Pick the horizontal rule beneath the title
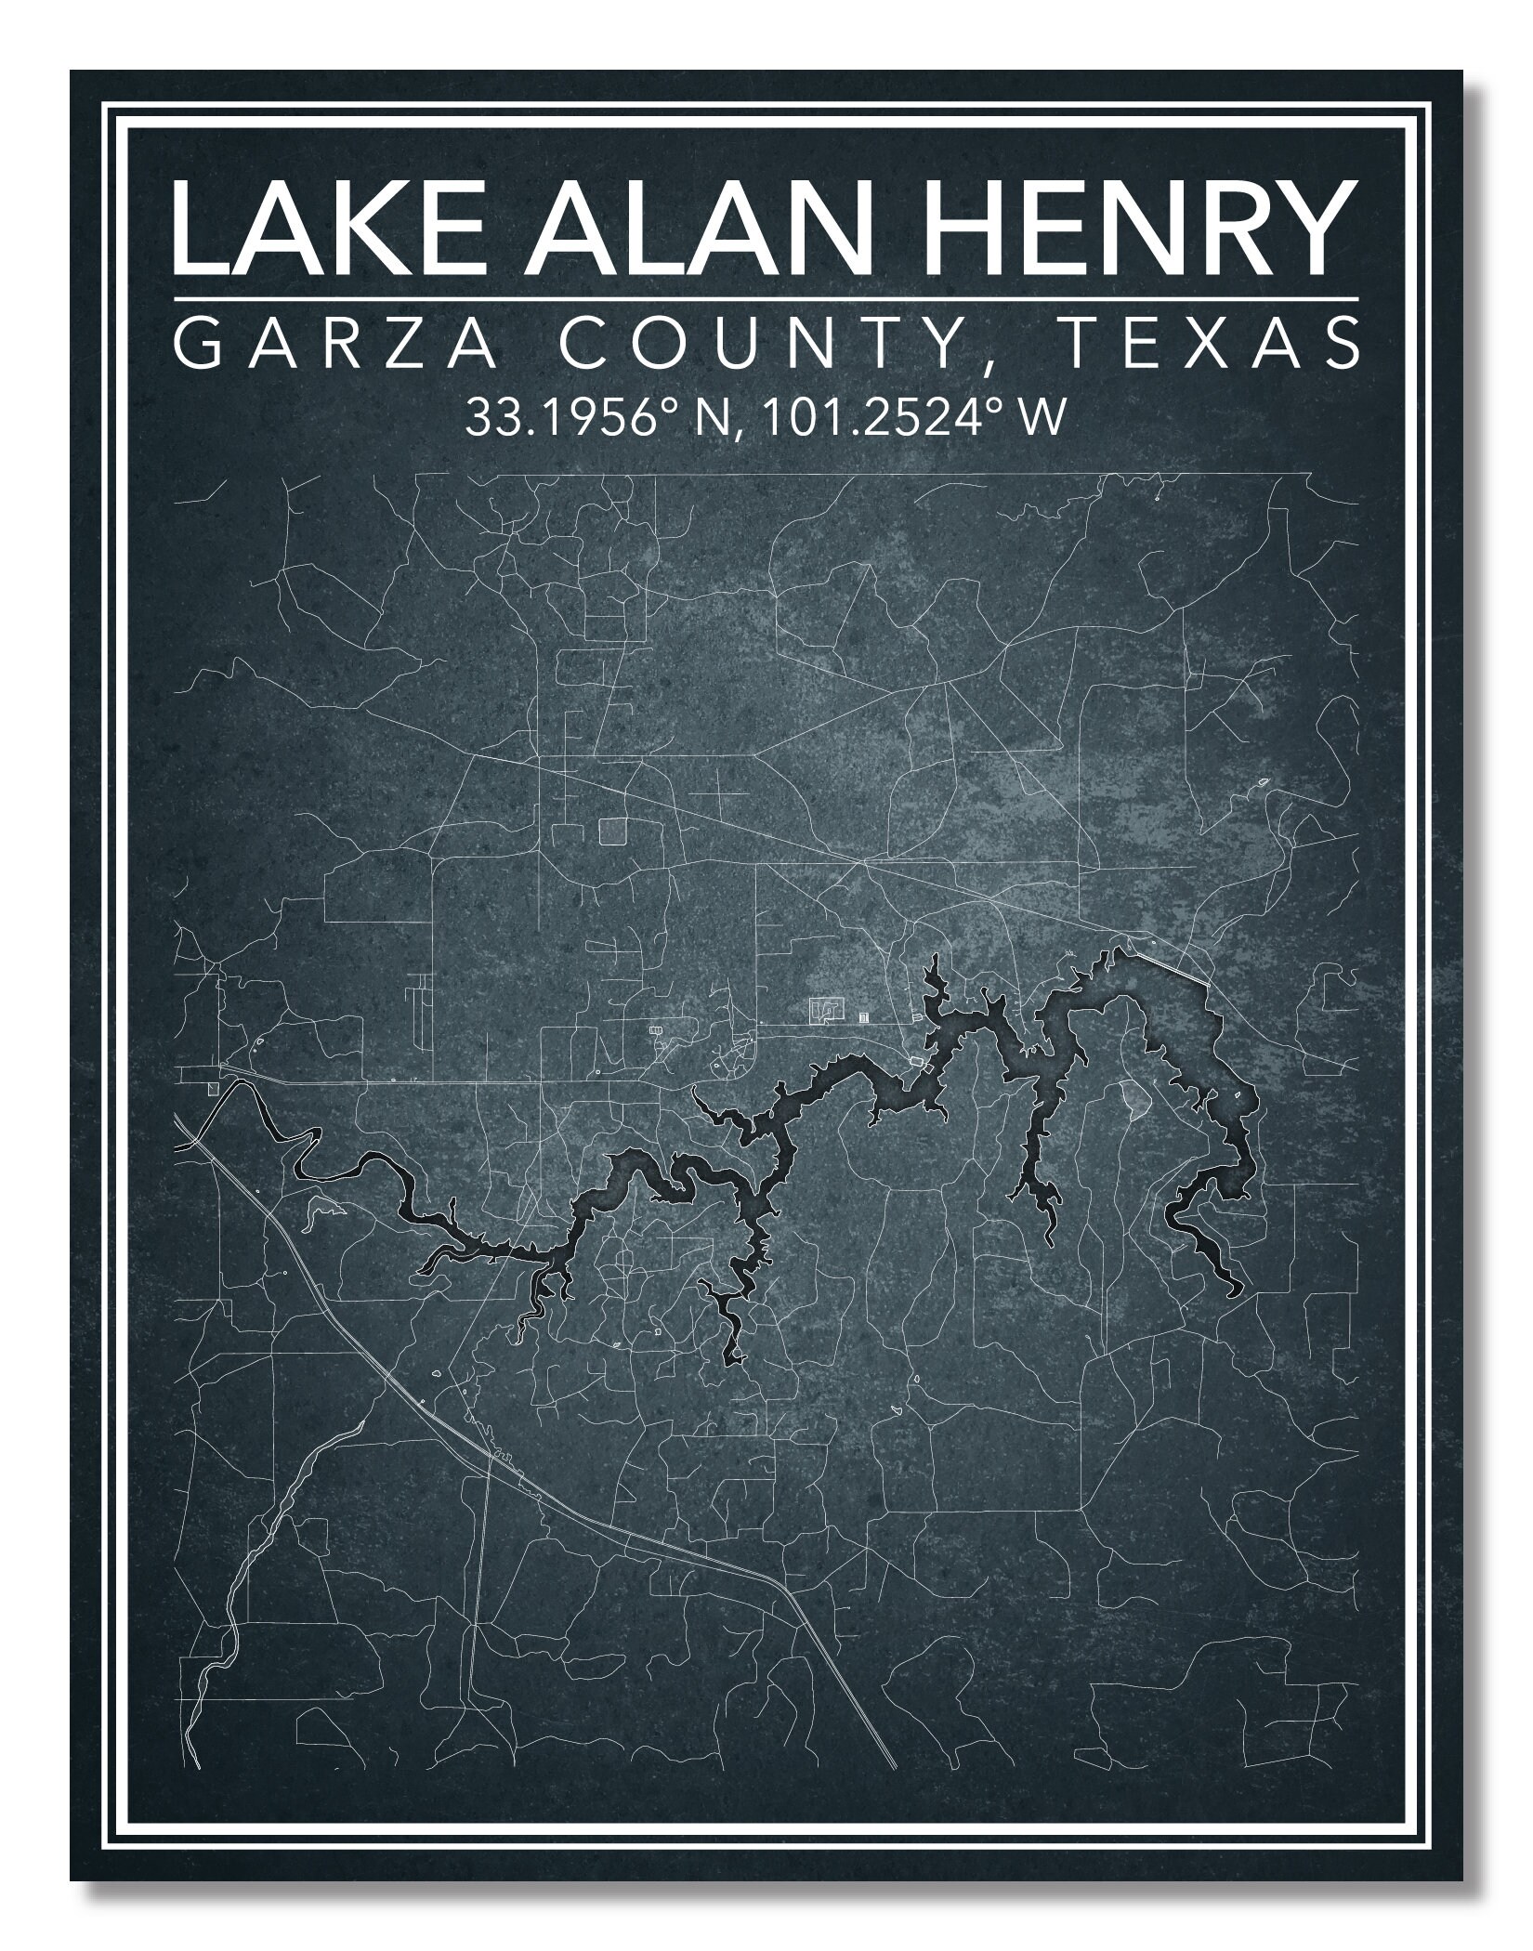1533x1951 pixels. coord(765,298)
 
